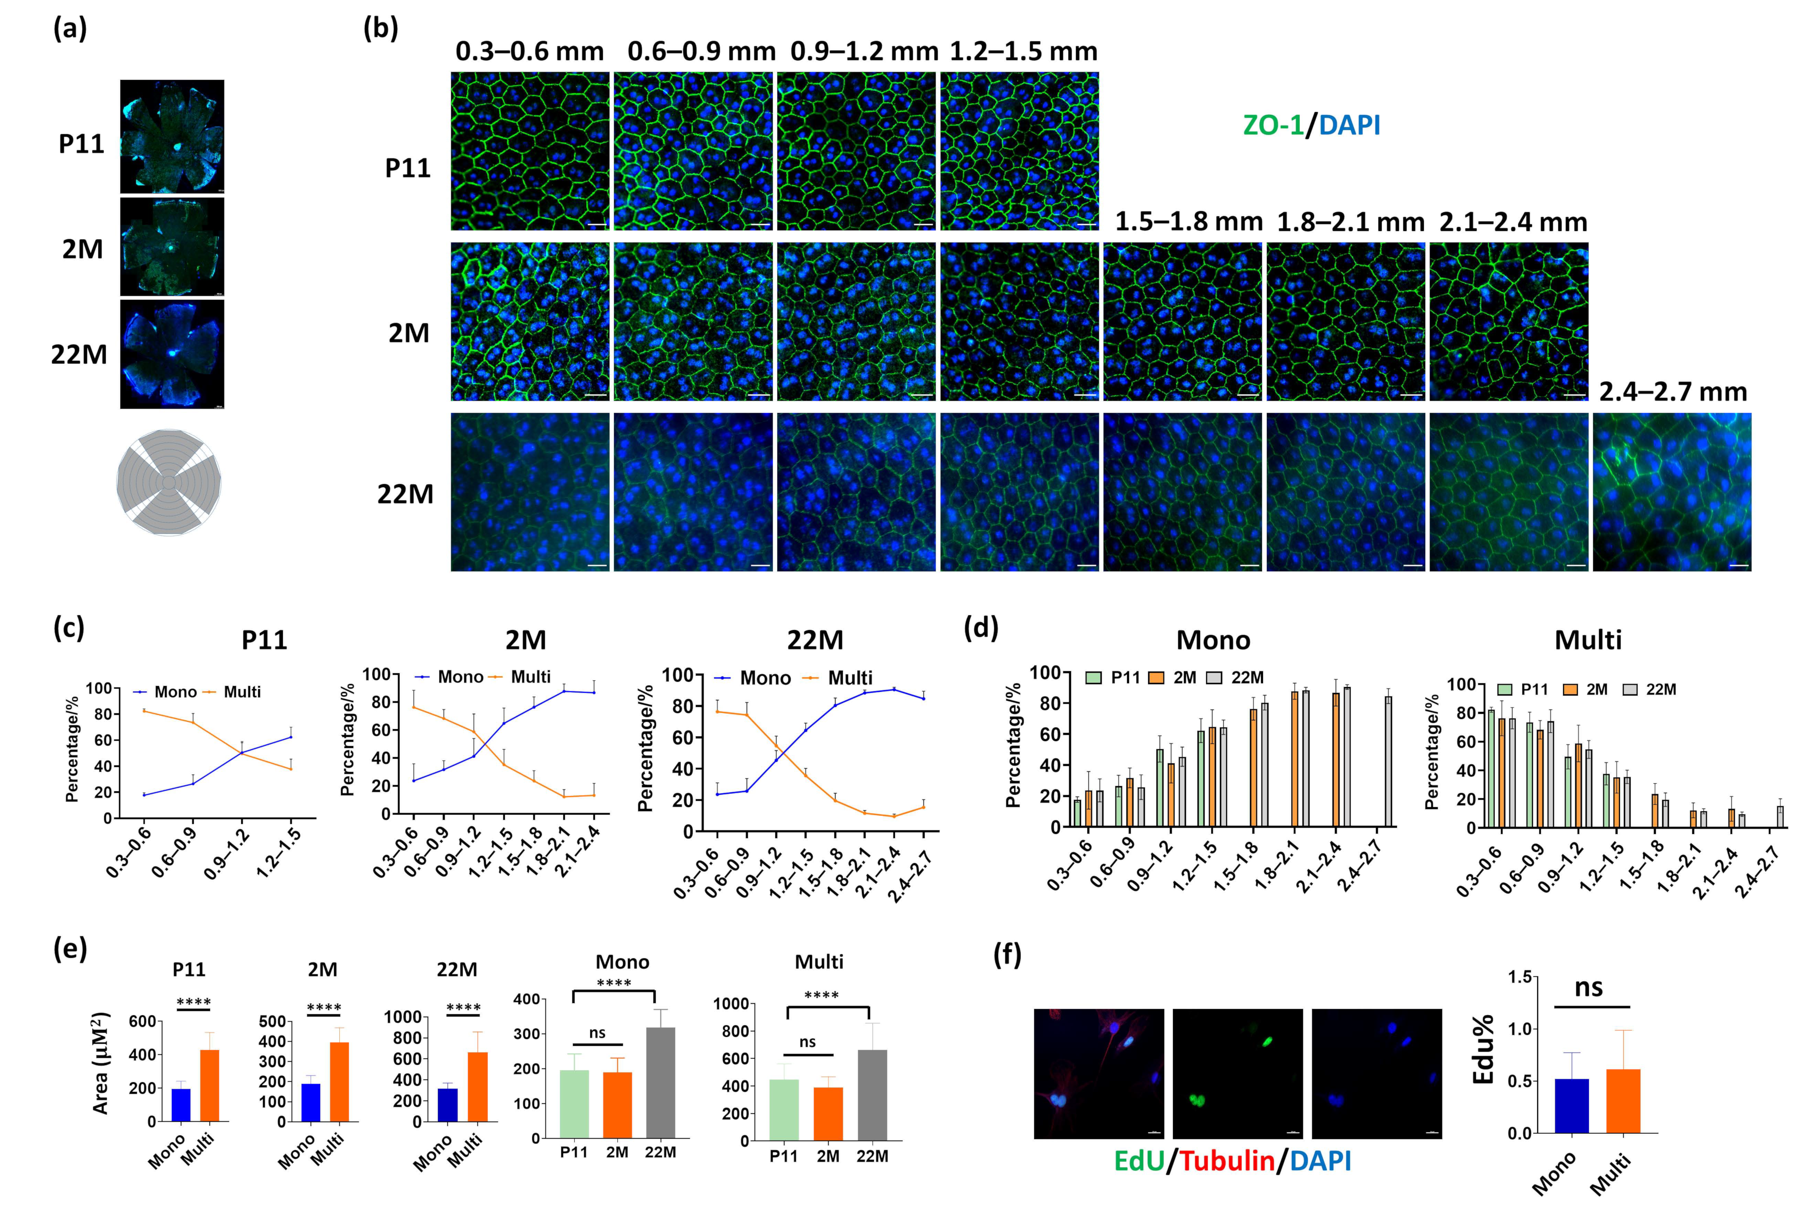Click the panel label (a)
[x=69, y=29]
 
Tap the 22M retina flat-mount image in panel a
[x=172, y=354]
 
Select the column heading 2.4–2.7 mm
[x=1672, y=392]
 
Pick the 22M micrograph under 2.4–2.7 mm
[x=1672, y=492]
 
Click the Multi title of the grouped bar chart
[x=1588, y=640]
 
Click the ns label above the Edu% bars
[x=1588, y=987]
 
